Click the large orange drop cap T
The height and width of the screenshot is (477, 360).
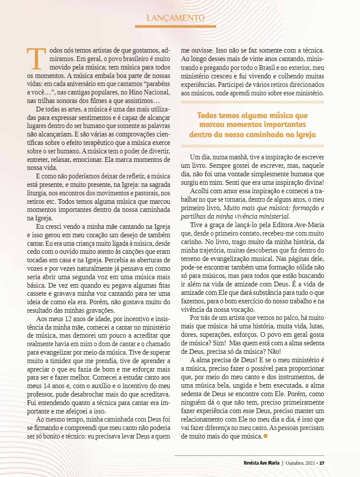[36, 59]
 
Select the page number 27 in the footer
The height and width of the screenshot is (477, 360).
[321, 463]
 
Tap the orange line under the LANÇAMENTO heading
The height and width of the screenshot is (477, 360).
[175, 27]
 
